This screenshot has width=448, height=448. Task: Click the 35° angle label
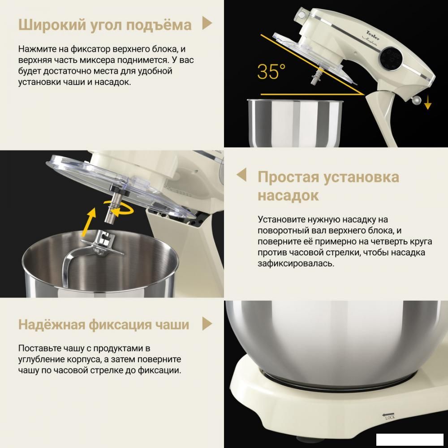coord(271,72)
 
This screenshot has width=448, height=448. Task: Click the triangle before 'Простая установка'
coord(241,175)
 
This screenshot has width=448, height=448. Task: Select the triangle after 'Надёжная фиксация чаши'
coord(207,323)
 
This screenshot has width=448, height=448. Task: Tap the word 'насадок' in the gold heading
coord(288,195)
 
